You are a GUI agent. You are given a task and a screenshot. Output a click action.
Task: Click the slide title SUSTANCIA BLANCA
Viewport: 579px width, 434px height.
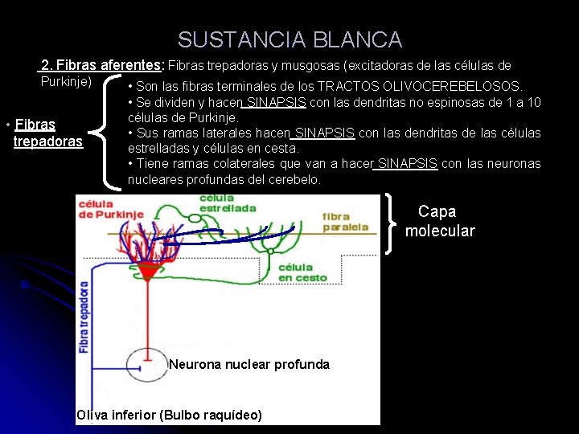tap(289, 39)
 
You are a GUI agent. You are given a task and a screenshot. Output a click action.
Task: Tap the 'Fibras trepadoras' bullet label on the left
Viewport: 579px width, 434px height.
tap(47, 133)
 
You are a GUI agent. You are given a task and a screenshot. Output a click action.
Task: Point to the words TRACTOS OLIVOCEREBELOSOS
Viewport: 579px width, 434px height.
tap(419, 86)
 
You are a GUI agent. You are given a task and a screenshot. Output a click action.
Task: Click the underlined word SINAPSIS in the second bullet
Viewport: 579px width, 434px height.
tap(275, 102)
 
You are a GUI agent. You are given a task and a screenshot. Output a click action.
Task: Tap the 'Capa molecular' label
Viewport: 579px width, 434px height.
tap(439, 221)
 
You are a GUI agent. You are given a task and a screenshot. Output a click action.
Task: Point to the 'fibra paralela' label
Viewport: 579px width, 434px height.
tap(346, 221)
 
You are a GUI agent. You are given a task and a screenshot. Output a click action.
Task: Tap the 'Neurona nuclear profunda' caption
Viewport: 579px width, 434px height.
tap(249, 365)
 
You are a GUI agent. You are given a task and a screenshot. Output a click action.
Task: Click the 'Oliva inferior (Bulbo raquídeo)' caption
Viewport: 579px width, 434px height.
tap(169, 416)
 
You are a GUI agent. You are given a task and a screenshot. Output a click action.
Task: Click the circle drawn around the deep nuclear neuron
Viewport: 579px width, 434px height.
tap(147, 365)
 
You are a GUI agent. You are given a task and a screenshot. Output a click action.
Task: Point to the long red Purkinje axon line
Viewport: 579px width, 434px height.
tap(146, 313)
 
